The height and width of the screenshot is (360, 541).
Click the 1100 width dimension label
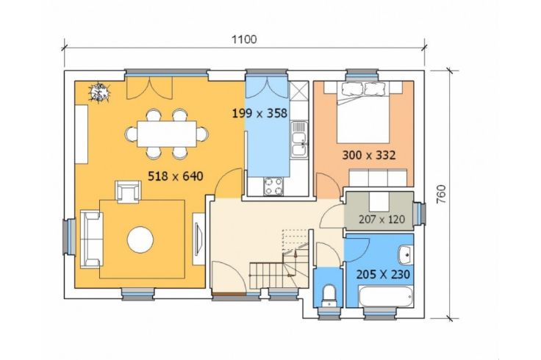244,40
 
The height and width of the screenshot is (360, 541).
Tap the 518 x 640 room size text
175,176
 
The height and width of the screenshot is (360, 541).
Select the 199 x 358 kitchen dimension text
259,113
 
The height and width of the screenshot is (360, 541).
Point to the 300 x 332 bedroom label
368,155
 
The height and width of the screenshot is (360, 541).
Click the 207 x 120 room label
381,220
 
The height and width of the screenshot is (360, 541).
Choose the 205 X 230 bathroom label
383,275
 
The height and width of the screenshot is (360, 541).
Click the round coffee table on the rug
140,240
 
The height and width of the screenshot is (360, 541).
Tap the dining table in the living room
167,134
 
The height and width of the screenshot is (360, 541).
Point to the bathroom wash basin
406,255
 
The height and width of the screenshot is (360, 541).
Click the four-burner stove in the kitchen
273,186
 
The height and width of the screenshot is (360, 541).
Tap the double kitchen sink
298,139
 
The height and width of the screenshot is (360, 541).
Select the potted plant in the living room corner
99,93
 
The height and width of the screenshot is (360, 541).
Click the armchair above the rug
129,192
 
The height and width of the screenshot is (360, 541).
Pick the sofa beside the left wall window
91,240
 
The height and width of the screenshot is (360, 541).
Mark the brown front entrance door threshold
229,294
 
